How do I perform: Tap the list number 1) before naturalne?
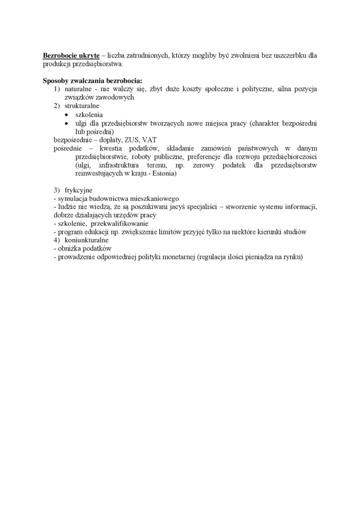pos(56,89)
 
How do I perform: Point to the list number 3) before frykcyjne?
pos(56,190)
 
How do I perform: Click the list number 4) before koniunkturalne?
pos(56,240)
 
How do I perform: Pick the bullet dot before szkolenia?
pos(67,115)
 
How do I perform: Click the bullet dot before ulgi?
pos(67,124)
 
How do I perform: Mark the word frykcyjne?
pos(78,190)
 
